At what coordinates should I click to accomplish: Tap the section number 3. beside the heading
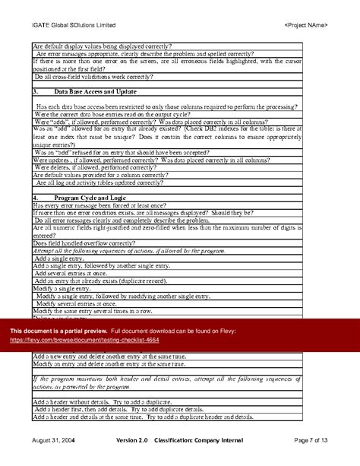(36, 91)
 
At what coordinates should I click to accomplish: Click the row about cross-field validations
(89, 77)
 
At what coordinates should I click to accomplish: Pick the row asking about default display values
(103, 47)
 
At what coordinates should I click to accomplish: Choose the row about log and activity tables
(98, 183)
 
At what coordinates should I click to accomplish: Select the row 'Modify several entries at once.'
(77, 303)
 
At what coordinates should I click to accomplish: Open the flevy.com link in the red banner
(84, 341)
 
